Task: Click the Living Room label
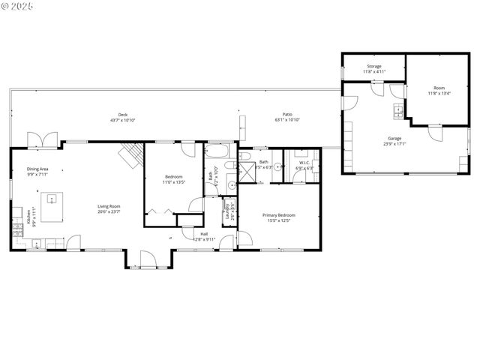(x=109, y=206)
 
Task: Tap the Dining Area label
(x=38, y=169)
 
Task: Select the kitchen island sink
(x=52, y=199)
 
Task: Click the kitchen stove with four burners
(x=17, y=231)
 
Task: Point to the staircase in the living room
(x=131, y=156)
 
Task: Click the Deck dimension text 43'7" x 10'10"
(x=123, y=120)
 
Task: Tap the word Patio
(x=287, y=115)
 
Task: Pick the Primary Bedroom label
(x=278, y=214)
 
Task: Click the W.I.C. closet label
(x=304, y=163)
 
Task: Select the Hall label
(x=204, y=233)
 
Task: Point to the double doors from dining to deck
(x=36, y=139)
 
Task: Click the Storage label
(x=373, y=66)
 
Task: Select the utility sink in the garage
(x=398, y=113)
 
